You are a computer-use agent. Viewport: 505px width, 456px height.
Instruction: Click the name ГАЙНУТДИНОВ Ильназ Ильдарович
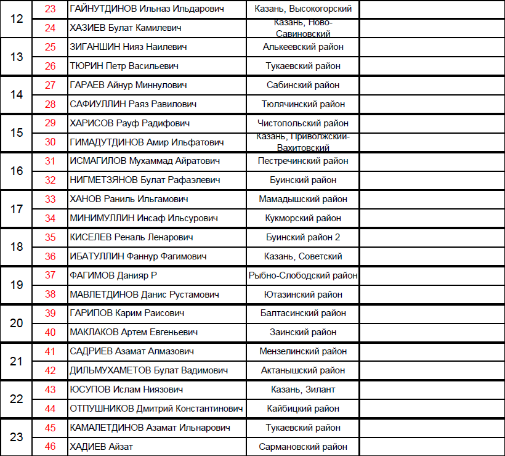tap(147, 9)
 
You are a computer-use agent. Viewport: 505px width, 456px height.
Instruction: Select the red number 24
tap(50, 28)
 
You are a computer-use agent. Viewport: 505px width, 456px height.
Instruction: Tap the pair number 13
tap(17, 57)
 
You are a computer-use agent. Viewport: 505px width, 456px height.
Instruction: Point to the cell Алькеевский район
tap(303, 47)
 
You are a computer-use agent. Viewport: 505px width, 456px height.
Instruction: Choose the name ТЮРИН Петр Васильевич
tap(128, 66)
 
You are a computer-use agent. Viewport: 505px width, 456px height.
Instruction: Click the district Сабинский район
tap(303, 85)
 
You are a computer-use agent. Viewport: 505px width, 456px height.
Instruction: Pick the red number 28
tap(50, 104)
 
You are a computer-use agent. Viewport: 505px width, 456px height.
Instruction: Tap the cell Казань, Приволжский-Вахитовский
tap(303, 142)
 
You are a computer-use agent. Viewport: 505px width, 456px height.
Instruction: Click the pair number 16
tap(17, 171)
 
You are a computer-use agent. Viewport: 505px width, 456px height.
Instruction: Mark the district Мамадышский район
tap(303, 199)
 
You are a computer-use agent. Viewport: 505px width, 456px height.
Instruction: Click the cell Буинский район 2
tap(303, 237)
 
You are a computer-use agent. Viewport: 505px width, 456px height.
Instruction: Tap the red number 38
tap(50, 295)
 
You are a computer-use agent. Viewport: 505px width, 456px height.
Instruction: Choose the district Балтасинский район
tap(303, 313)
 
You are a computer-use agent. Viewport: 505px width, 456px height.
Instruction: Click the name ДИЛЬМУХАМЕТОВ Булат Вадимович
tap(149, 370)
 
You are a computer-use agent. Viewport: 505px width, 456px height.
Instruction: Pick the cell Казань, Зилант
tap(303, 389)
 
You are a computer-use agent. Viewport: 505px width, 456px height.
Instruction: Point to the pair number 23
tap(17, 437)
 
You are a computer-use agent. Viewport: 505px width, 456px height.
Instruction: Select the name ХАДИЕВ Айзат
tap(102, 447)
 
